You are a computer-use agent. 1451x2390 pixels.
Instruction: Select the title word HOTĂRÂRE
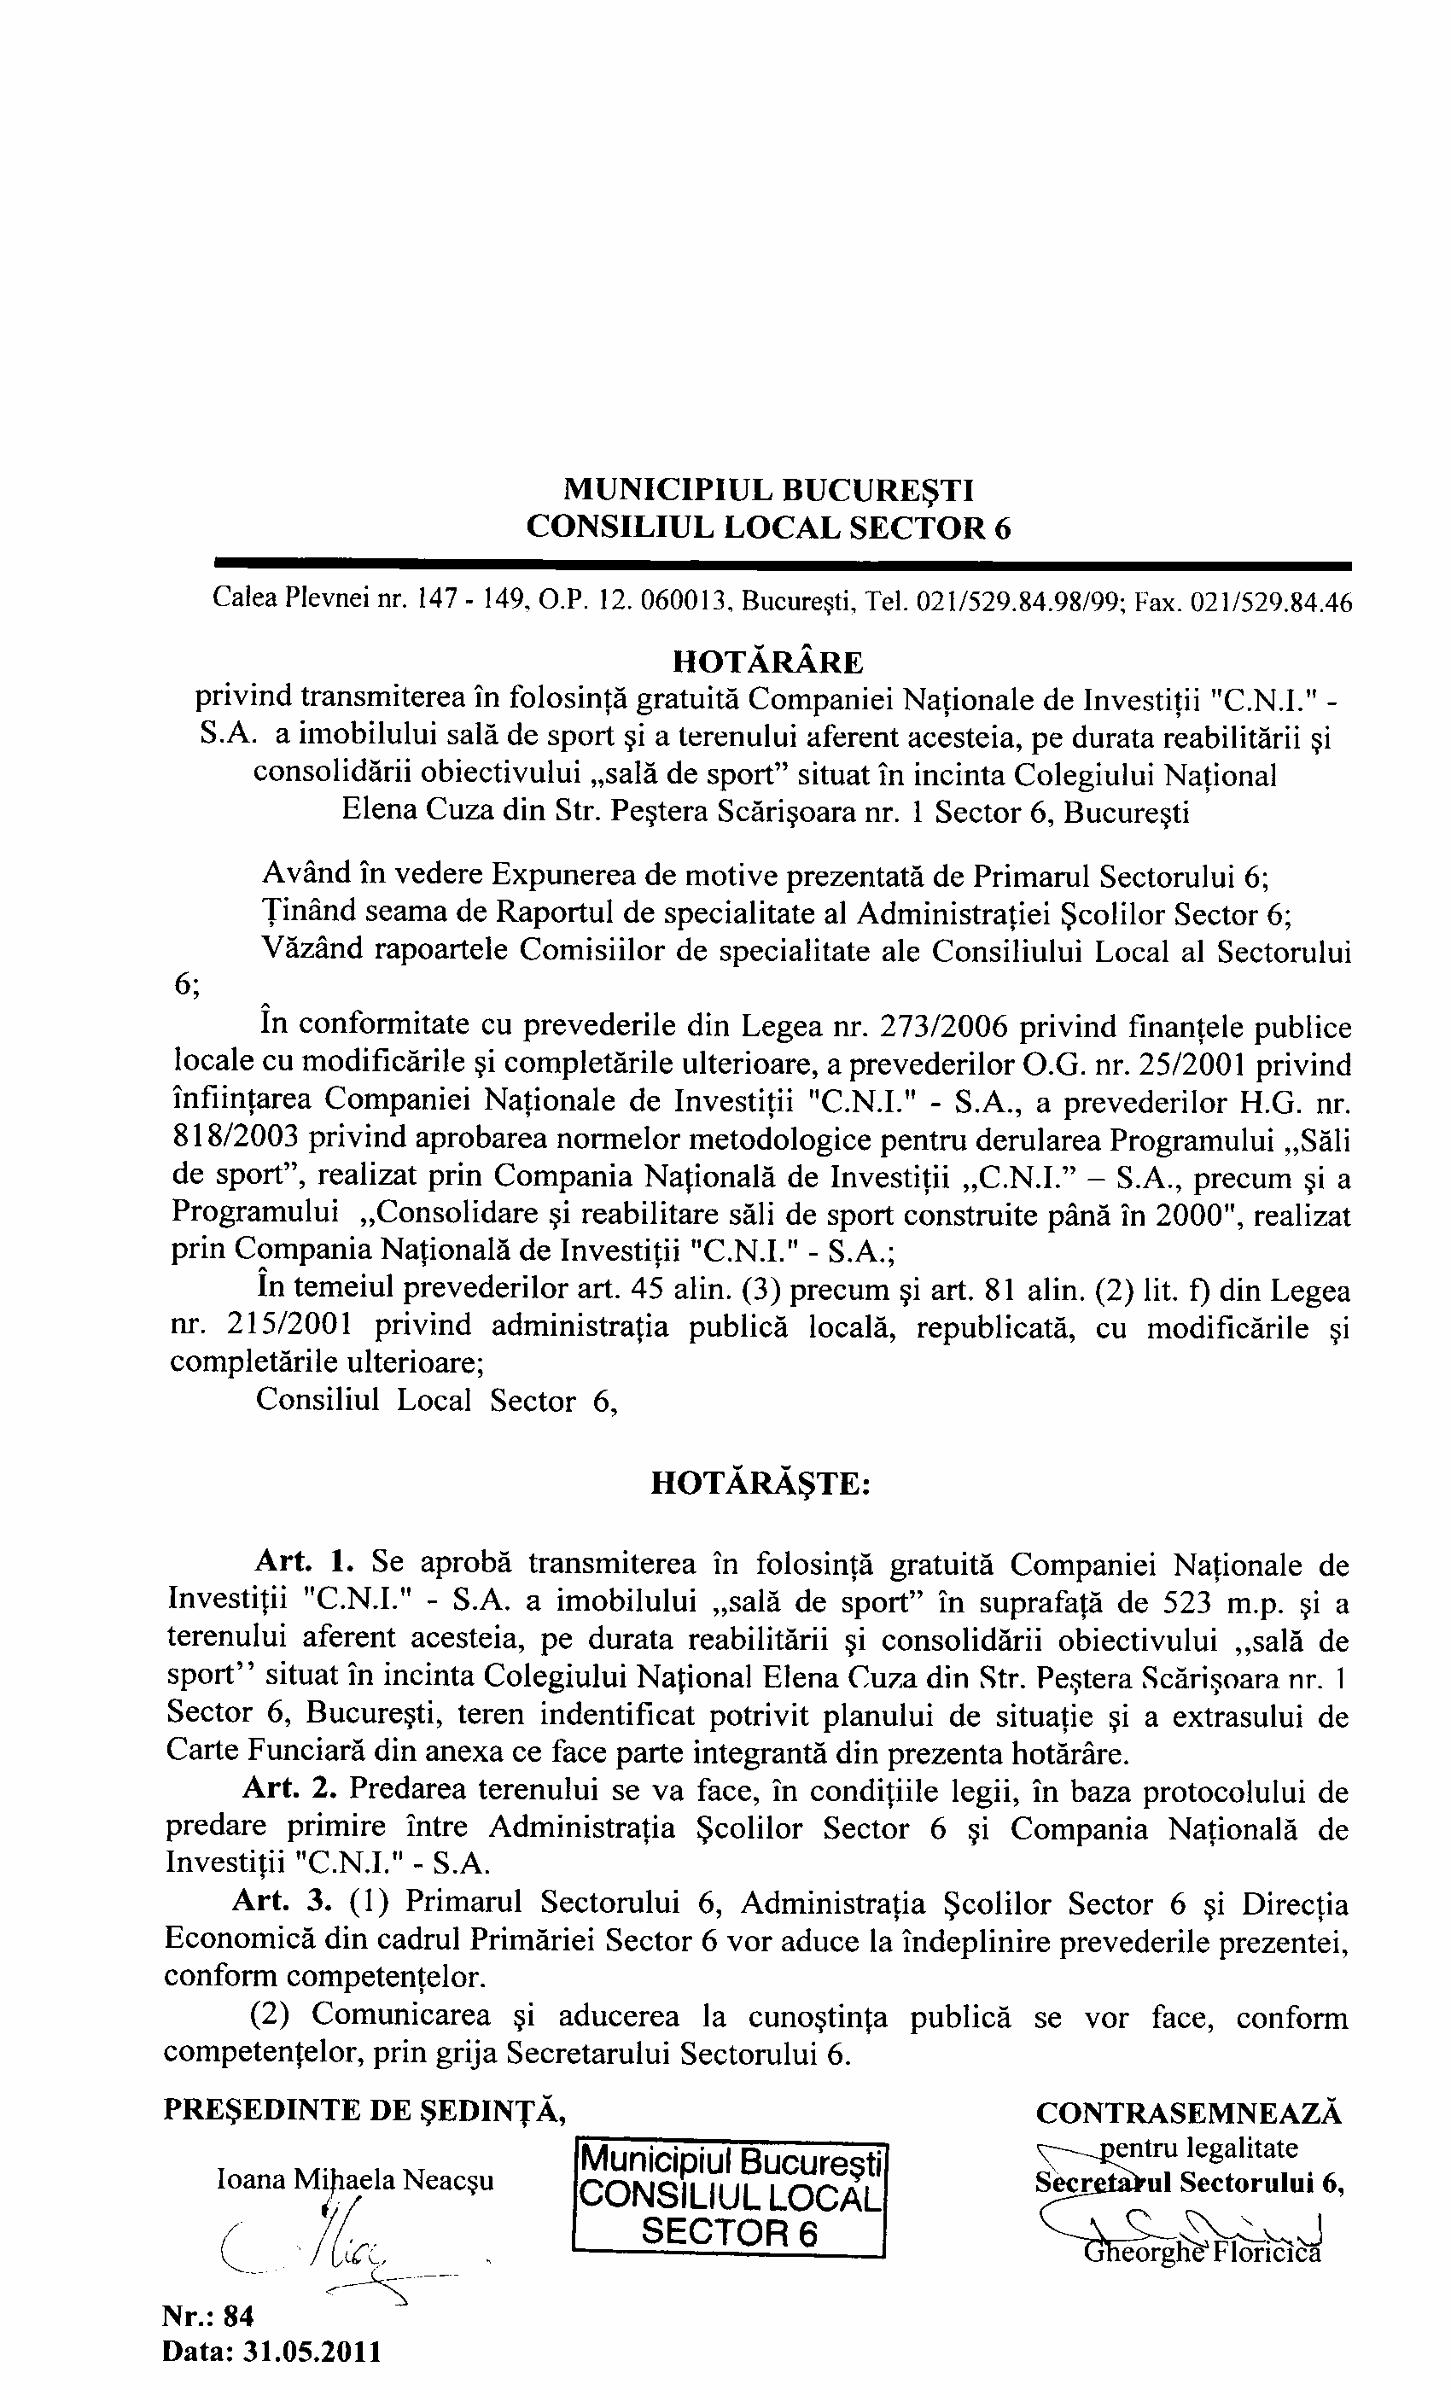coord(767,662)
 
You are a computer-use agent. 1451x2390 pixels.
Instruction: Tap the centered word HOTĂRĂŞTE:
coord(760,1484)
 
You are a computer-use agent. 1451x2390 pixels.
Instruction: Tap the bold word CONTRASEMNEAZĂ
coord(1189,2113)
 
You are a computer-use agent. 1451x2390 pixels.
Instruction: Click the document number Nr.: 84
coord(208,2317)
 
